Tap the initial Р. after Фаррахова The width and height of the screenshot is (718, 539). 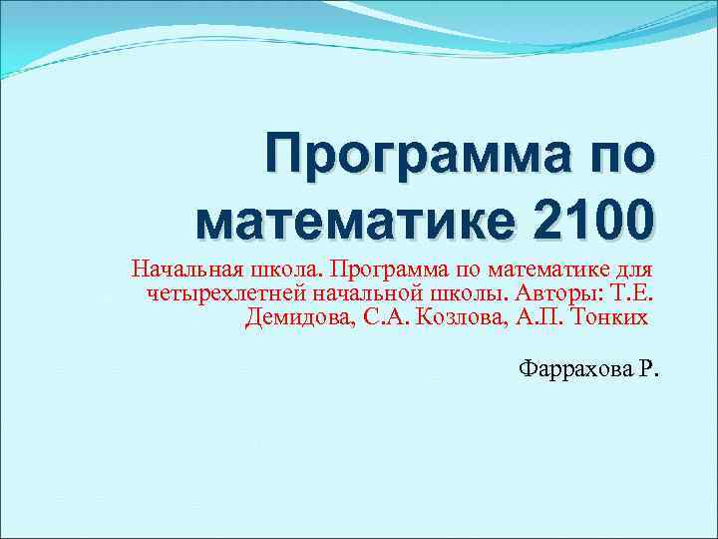(649, 370)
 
